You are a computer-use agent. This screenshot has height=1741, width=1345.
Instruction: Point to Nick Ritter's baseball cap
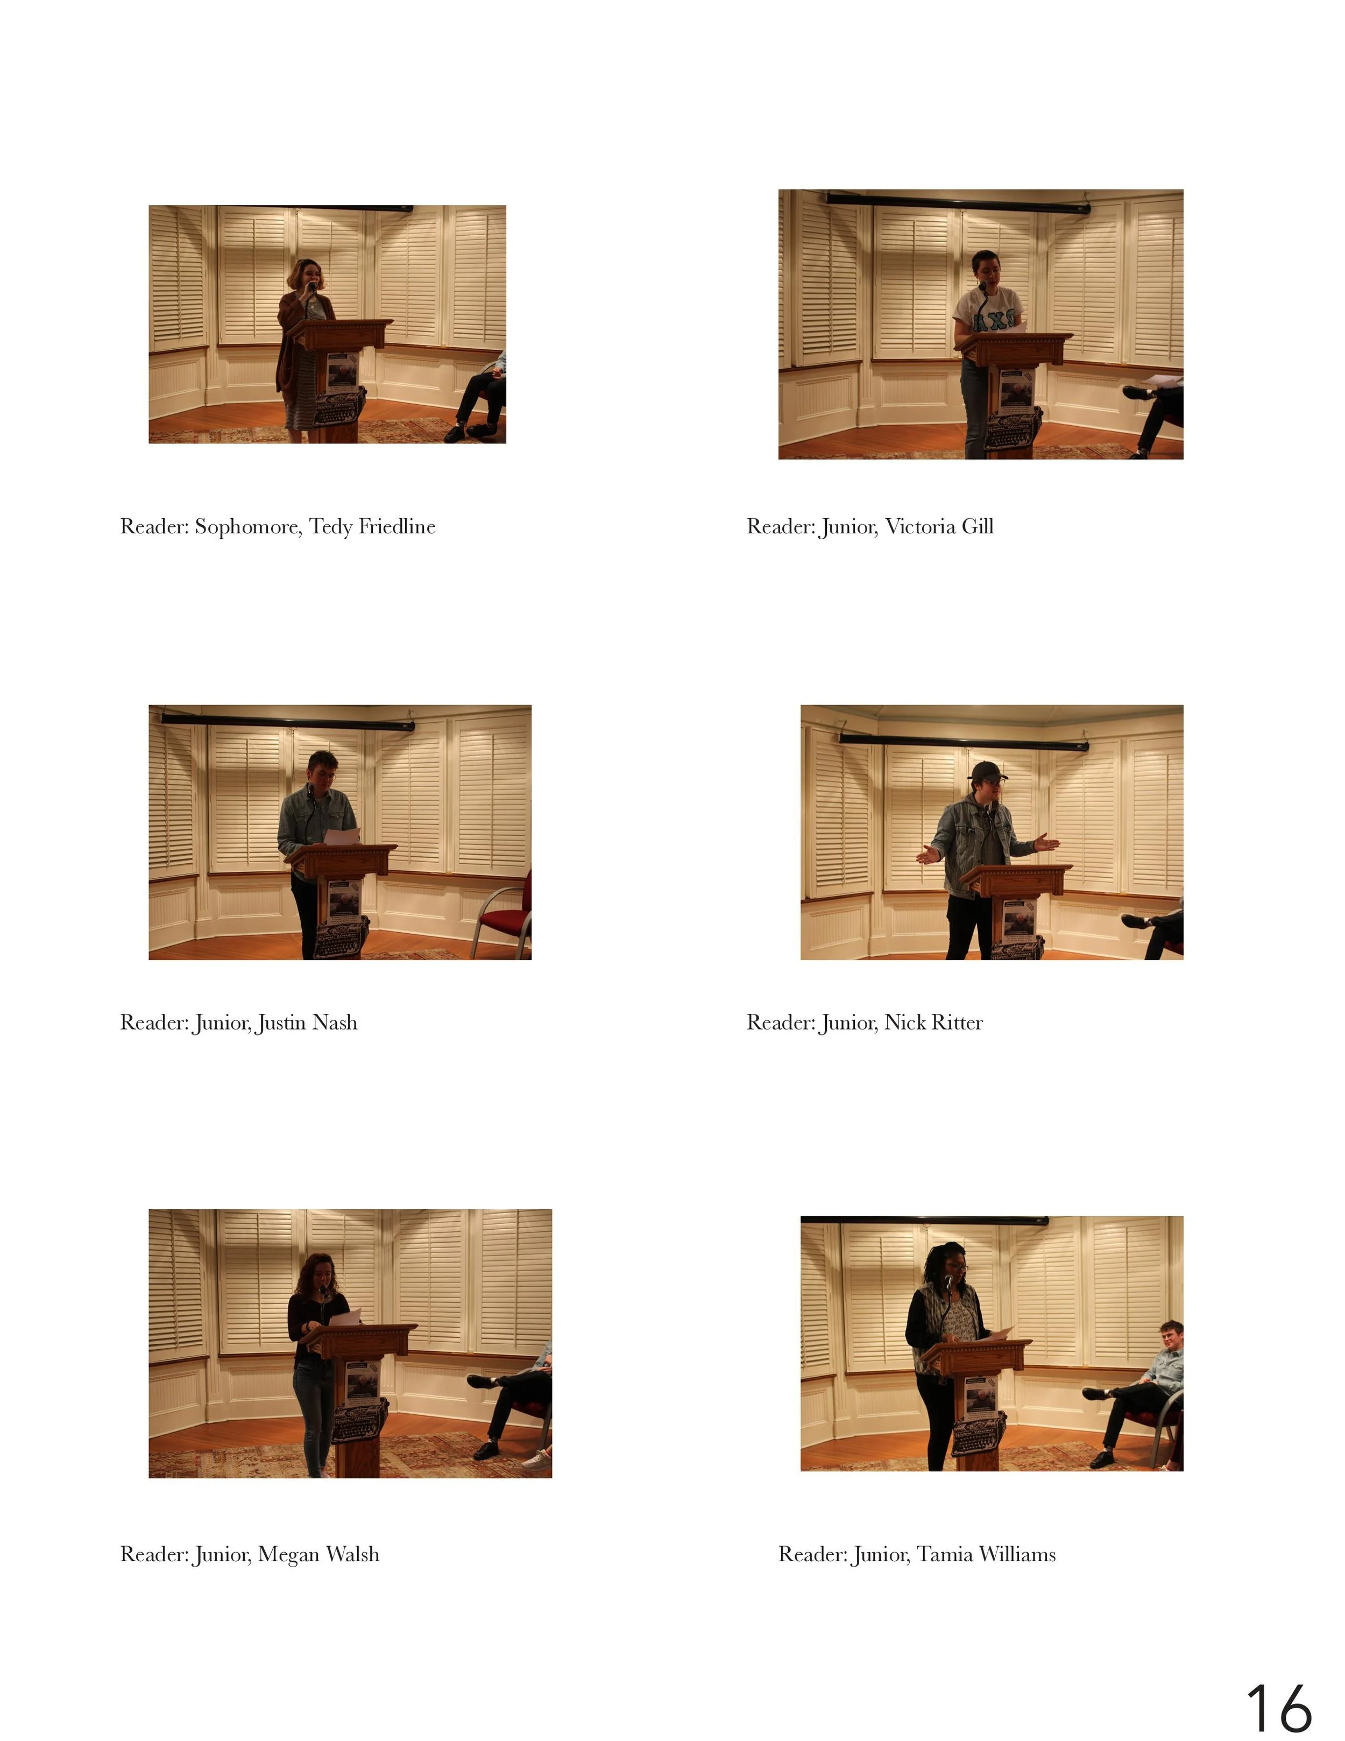tap(989, 771)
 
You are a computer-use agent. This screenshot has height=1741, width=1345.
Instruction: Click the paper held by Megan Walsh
tap(346, 1316)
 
